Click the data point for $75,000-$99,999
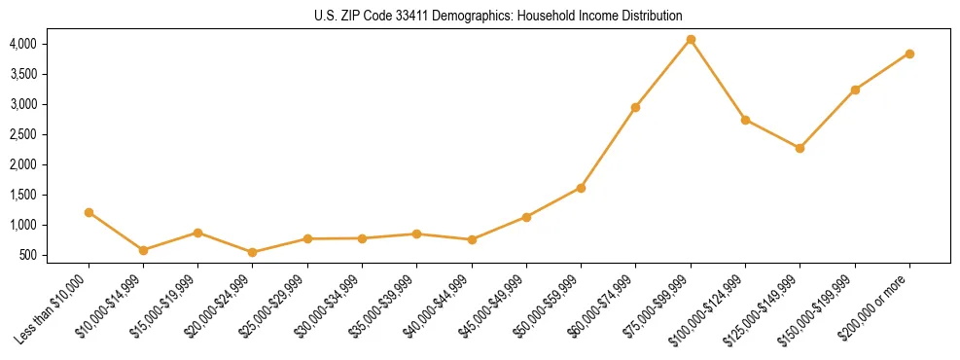691,39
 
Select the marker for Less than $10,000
89,212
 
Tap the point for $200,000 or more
909,54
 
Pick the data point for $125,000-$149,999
800,148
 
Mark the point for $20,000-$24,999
253,252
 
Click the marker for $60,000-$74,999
635,107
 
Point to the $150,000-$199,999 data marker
855,90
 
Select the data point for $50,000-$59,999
581,188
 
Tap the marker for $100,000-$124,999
745,120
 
